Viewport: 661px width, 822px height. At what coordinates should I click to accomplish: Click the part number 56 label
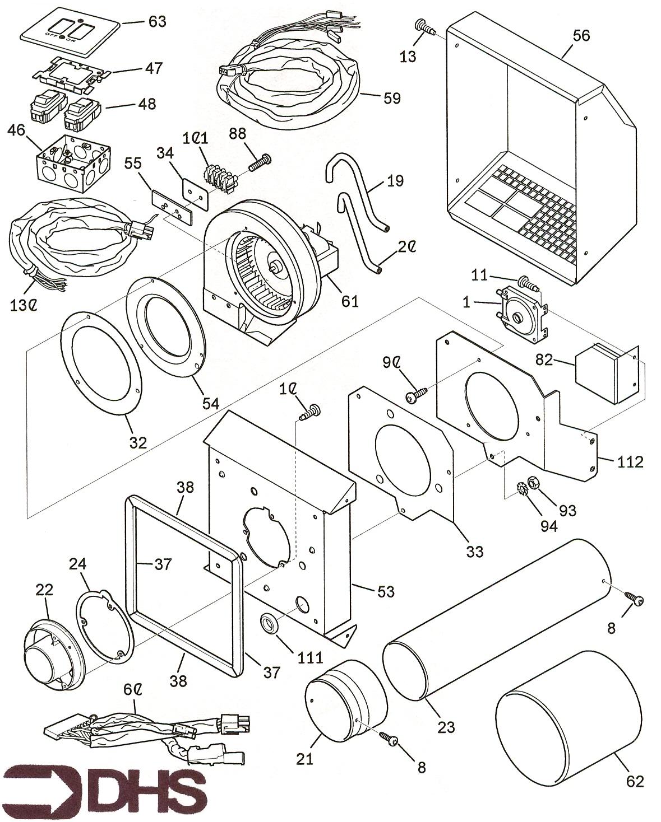click(x=581, y=35)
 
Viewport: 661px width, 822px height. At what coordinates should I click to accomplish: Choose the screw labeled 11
click(x=528, y=283)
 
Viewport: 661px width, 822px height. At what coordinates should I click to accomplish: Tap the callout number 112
click(x=630, y=462)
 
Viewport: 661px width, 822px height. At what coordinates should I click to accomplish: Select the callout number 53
click(x=386, y=591)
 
